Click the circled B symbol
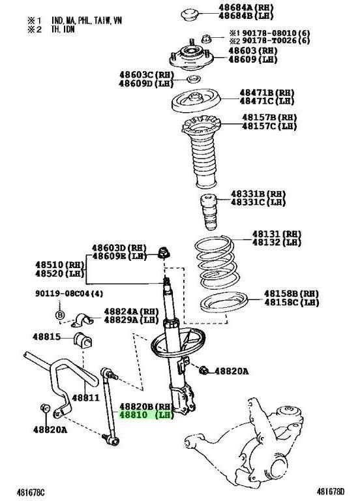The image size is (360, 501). (61, 316)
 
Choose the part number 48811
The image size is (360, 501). (85, 397)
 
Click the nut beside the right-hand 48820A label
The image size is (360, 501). (203, 371)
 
